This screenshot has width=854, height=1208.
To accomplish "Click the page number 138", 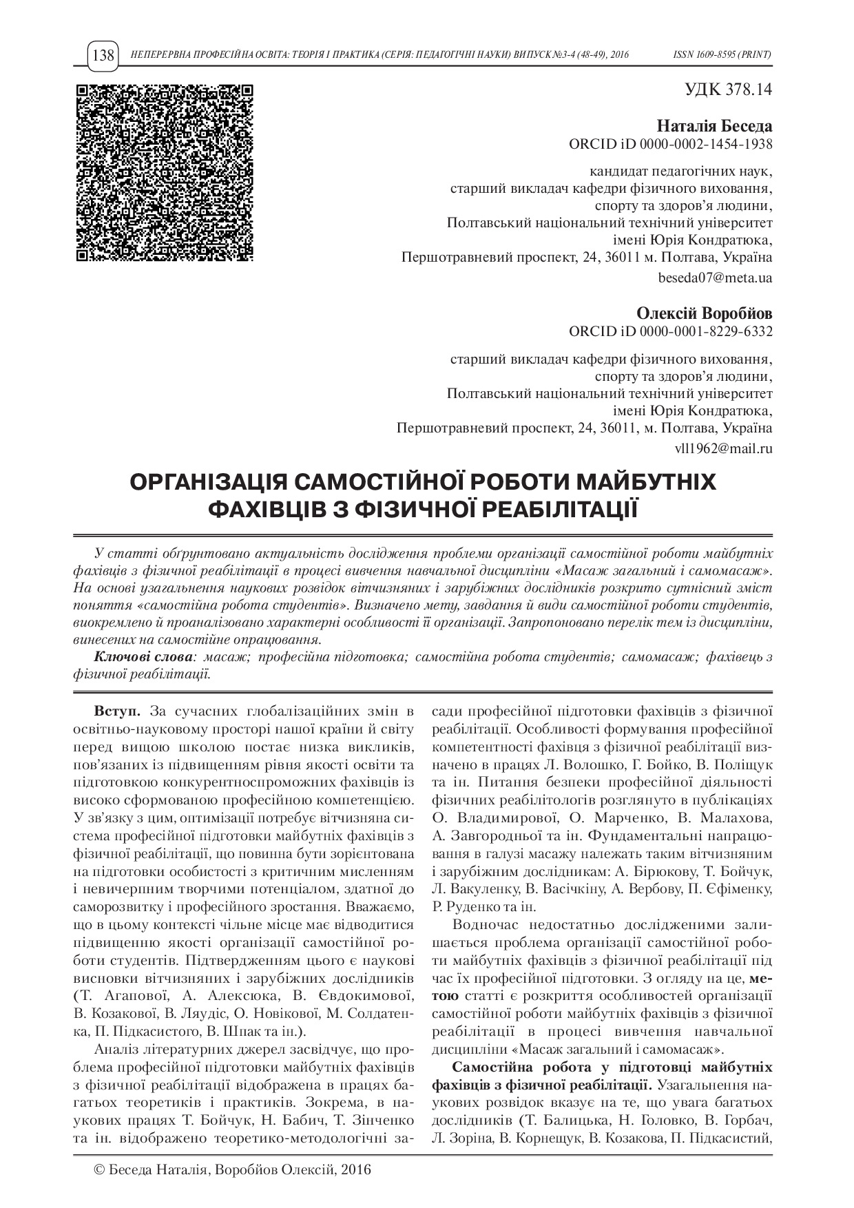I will click(103, 55).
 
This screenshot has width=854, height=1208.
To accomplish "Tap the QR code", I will click(164, 174).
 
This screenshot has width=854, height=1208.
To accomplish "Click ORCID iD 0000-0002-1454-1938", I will click(670, 144).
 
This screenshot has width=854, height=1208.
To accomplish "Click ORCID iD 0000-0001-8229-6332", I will click(670, 331).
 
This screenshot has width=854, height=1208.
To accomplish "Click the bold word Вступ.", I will click(116, 710).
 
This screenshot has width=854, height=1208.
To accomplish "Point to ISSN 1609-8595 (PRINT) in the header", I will click(722, 55).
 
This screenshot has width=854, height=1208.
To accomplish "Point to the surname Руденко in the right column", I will click(472, 907).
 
